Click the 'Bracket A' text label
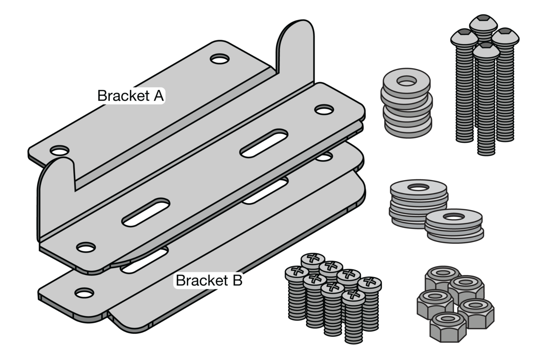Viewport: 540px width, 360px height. tap(131, 96)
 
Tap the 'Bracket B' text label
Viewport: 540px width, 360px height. tap(209, 280)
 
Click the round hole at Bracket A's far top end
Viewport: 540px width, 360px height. tap(220, 59)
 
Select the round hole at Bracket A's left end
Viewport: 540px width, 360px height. tap(59, 151)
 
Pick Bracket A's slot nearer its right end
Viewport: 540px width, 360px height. tap(264, 143)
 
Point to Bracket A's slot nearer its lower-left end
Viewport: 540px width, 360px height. tap(145, 212)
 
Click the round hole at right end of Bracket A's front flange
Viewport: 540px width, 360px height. tap(324, 109)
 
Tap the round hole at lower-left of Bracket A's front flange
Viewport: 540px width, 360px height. tap(86, 247)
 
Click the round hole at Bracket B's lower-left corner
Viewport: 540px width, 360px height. tap(84, 293)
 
